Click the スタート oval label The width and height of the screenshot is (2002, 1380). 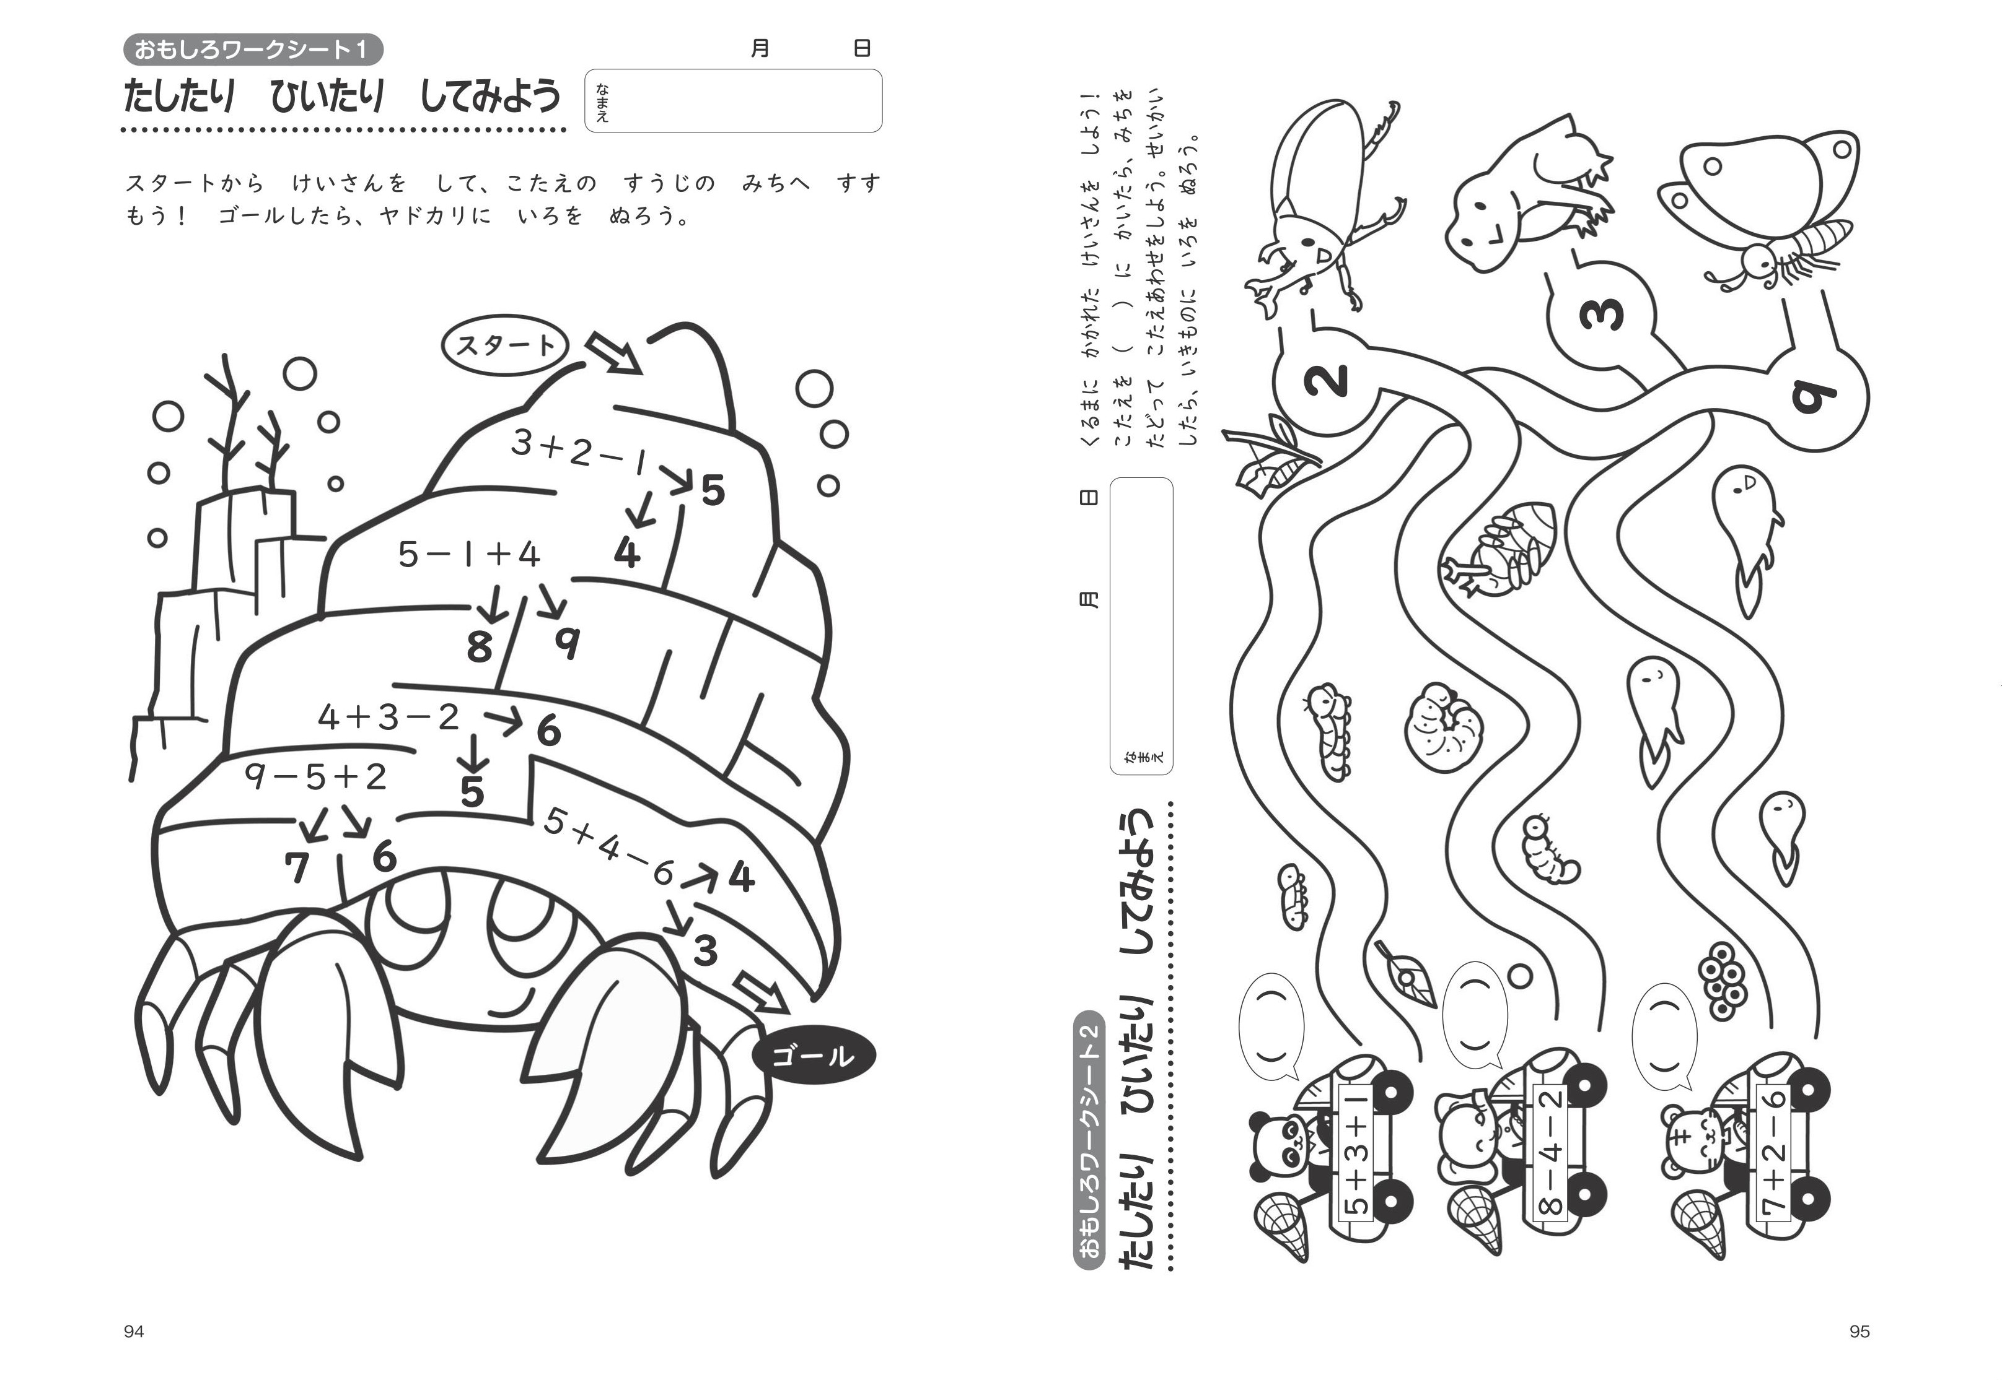point(504,345)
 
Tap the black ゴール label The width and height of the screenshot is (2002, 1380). point(814,1056)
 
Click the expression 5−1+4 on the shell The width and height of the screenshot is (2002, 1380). point(469,554)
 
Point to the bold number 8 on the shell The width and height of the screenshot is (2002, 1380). point(478,648)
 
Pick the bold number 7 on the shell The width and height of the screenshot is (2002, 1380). point(297,868)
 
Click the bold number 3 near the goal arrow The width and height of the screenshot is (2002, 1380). point(705,951)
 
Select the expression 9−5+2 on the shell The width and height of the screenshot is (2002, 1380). point(315,776)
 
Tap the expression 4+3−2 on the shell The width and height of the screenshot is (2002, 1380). point(389,717)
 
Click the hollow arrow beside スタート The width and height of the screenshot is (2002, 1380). point(614,353)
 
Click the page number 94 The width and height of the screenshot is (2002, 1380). point(134,1332)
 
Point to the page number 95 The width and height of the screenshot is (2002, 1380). point(1859,1332)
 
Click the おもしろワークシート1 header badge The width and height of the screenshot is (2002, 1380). point(253,50)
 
